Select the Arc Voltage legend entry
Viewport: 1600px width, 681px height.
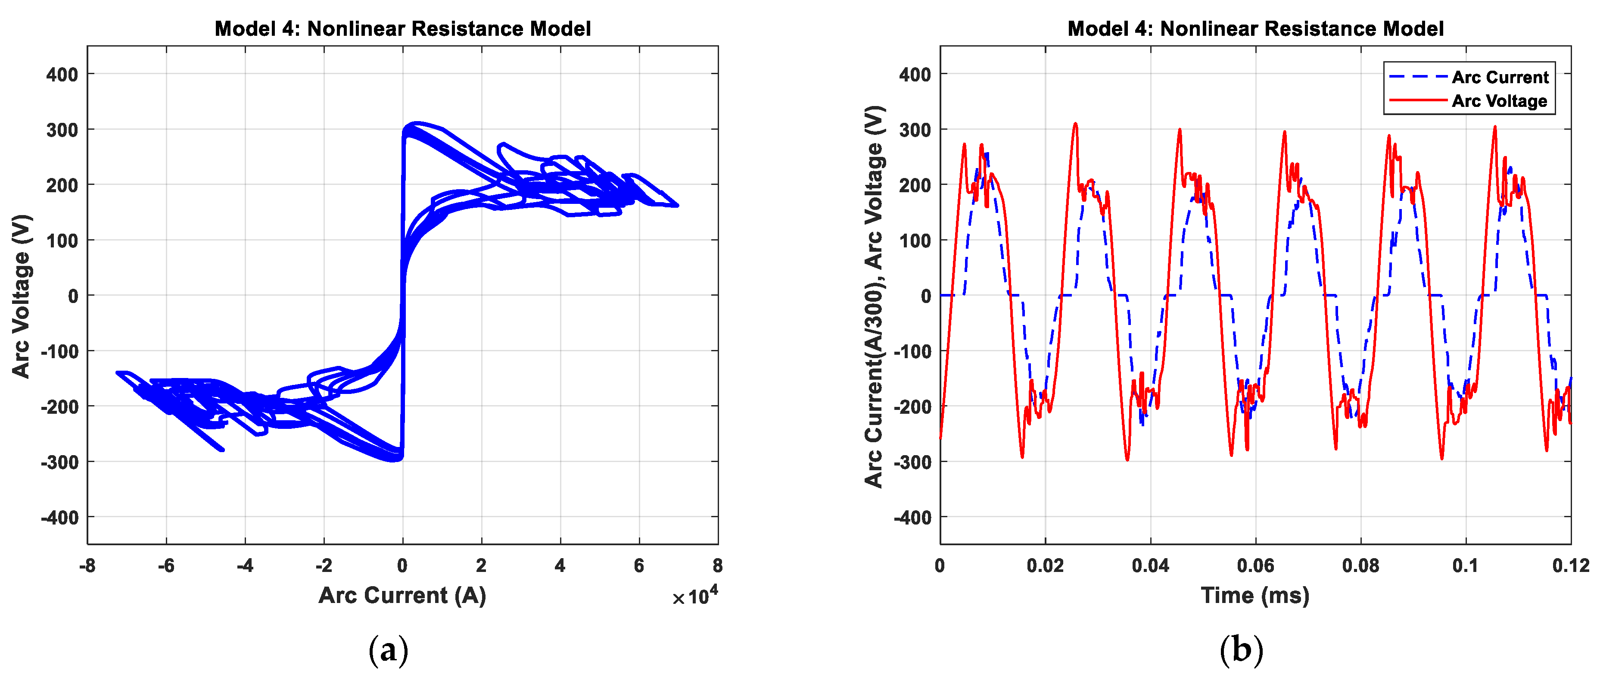(1499, 101)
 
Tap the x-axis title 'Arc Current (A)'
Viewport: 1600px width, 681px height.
(402, 595)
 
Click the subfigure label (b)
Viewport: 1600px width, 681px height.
(1241, 650)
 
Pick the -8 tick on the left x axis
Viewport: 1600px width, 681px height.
(87, 565)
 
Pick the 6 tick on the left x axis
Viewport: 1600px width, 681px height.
(639, 565)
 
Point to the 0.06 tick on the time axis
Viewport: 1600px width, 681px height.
(1255, 565)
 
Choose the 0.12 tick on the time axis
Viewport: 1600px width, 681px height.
(1571, 565)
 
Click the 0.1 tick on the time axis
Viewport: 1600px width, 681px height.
(1465, 565)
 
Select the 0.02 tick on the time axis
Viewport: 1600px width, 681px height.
(1045, 565)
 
